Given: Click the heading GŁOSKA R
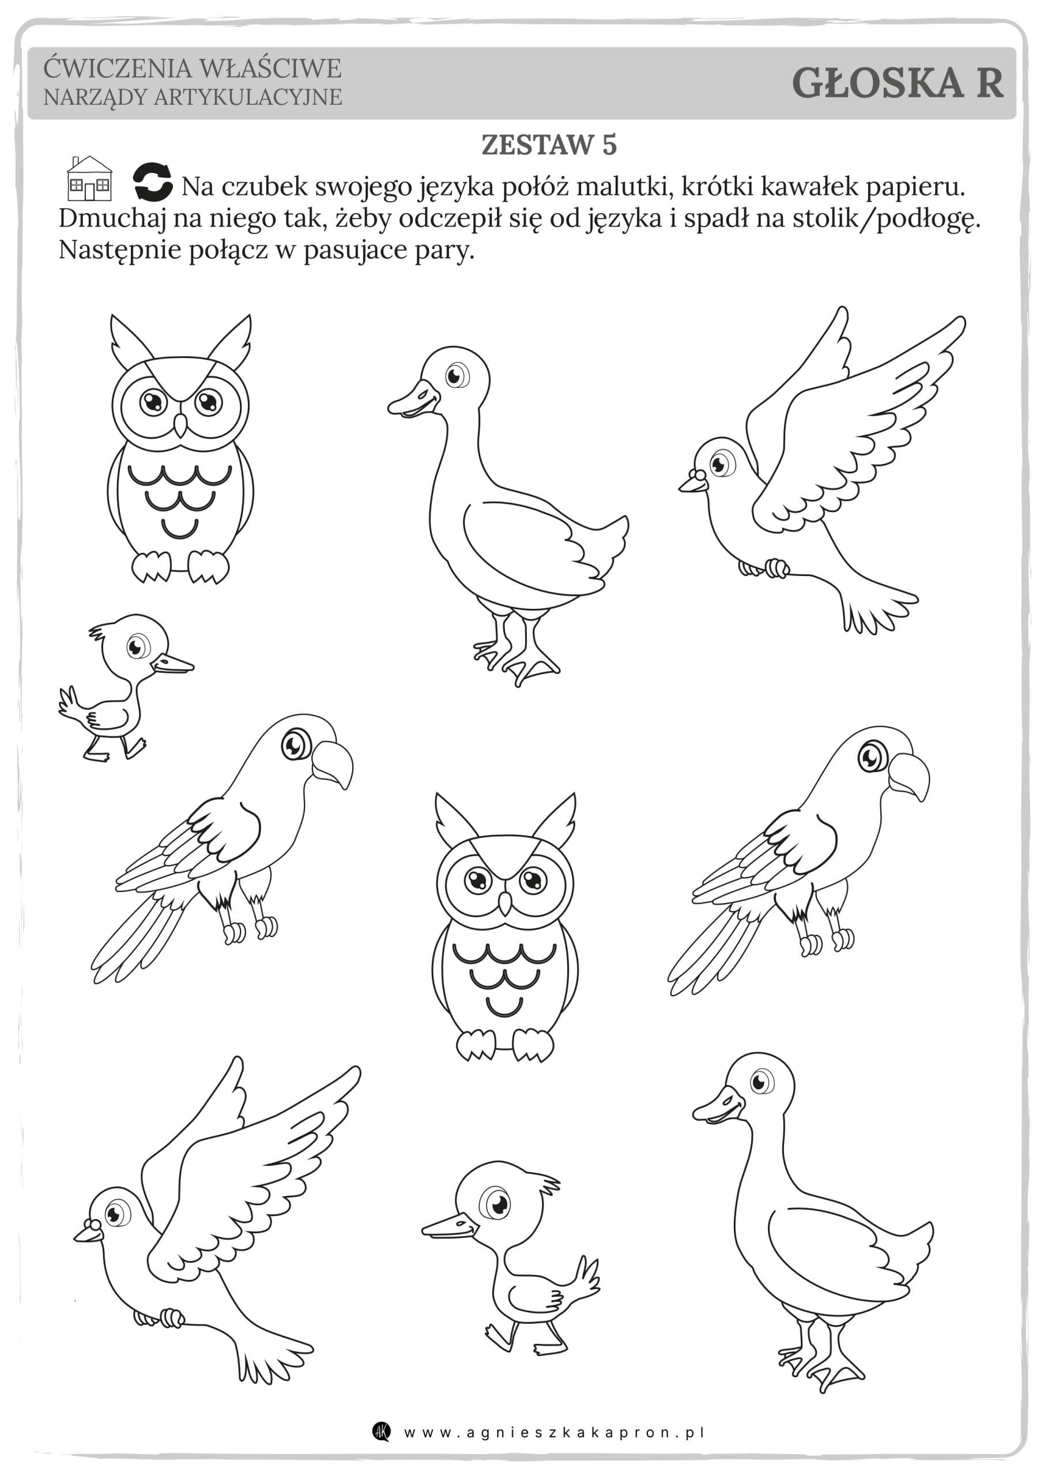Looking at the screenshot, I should tap(897, 83).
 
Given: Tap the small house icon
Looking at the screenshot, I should tap(89, 178).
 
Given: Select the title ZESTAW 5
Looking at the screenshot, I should tap(549, 145).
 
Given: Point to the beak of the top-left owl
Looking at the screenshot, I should tap(181, 424).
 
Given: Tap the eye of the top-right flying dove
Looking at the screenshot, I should tap(722, 463).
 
